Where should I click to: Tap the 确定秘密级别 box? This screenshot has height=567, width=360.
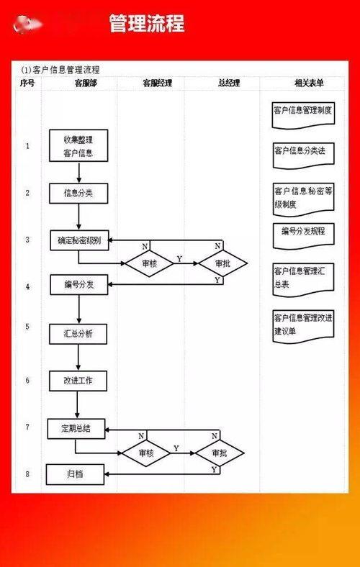point(79,241)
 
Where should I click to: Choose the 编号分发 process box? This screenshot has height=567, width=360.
point(79,285)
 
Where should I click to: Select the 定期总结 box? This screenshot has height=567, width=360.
point(76,429)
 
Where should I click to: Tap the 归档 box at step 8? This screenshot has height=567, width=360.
point(75,474)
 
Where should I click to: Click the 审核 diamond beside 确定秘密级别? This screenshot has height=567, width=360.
point(148,264)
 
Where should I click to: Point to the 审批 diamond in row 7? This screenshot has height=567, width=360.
point(219,453)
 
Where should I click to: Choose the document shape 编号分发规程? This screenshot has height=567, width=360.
point(303,233)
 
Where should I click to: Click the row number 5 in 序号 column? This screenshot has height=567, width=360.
point(27,326)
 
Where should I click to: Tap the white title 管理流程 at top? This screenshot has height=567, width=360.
point(147,24)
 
